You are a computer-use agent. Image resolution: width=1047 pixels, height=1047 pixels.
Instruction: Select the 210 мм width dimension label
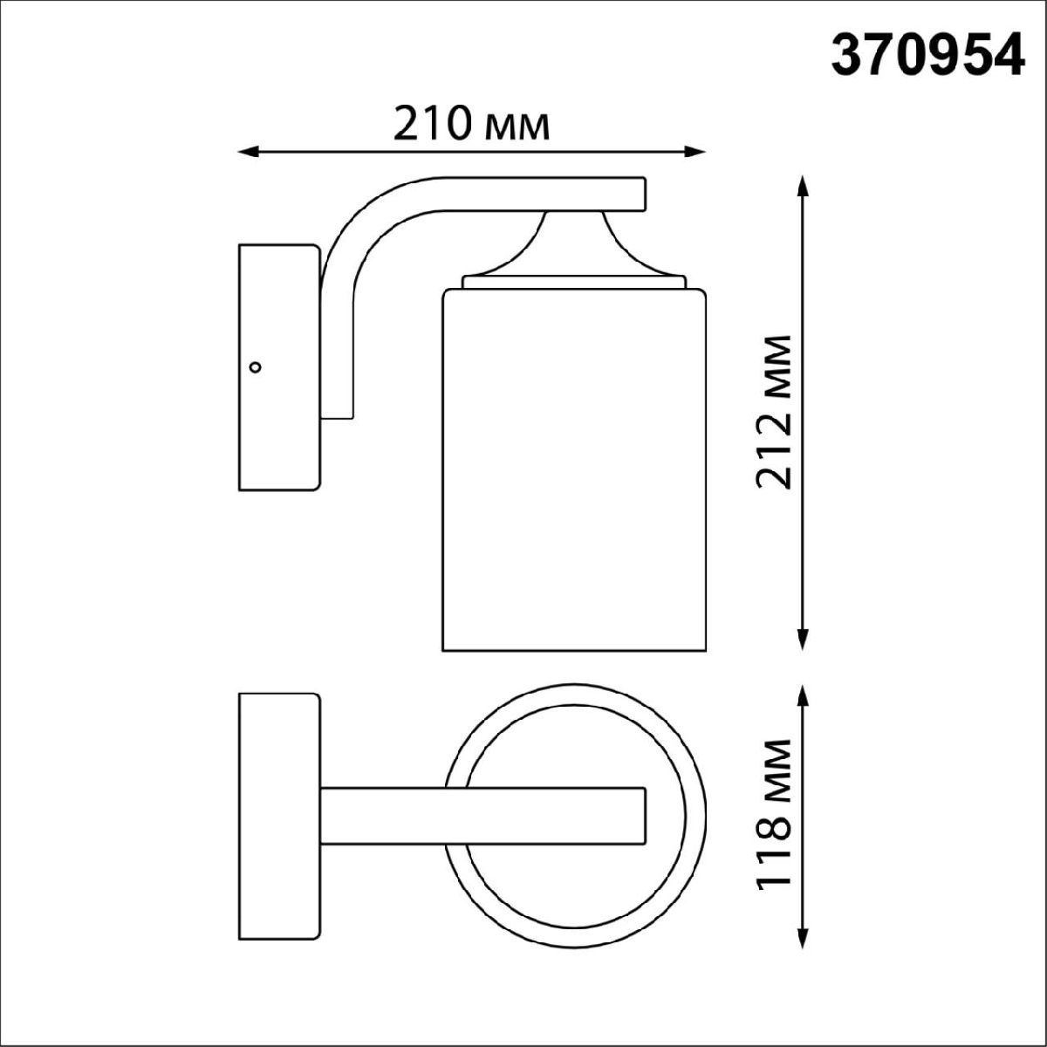click(x=472, y=123)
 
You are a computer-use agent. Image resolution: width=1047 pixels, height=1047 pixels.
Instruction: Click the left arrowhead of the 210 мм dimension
click(x=248, y=153)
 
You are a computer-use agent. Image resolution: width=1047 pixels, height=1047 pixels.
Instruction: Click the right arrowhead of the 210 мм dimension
click(x=695, y=153)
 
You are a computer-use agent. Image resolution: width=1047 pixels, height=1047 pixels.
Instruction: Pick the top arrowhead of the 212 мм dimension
click(x=803, y=187)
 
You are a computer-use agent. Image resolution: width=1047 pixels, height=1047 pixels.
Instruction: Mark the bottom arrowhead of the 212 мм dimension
click(x=803, y=640)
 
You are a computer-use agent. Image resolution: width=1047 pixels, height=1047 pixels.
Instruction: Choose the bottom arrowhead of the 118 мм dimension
click(x=803, y=938)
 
